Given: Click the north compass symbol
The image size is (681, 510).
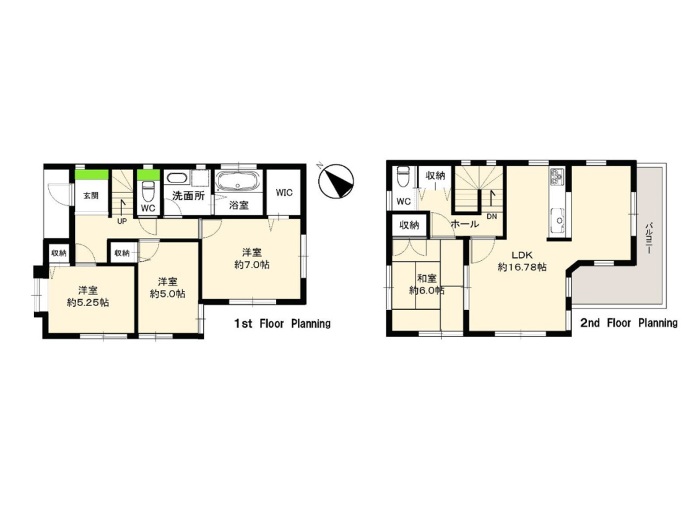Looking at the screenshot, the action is pos(336,181).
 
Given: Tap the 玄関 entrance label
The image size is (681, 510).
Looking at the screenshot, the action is pos(91,195).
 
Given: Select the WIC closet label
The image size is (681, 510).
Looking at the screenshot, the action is pos(284,192).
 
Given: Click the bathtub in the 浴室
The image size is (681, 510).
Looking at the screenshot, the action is pos(238,181).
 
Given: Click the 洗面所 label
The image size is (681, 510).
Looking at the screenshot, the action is pos(188,196).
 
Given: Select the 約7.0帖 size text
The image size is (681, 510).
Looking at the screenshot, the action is pos(252,265).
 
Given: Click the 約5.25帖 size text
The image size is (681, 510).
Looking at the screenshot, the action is pos(88,303).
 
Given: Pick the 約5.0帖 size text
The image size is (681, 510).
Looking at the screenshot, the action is pos(168,294).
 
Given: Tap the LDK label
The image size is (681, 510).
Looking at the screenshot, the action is pos(522,255).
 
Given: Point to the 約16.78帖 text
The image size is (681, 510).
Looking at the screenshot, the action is pos(522,267).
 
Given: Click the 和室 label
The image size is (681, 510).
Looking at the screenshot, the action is pos(427,278).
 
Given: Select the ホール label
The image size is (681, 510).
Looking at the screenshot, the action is pos(465,224).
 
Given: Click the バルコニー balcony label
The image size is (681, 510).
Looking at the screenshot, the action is pos(649,238).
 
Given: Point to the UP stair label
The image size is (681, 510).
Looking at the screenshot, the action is pos(122,221).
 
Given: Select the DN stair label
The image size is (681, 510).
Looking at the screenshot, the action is pos(492,216).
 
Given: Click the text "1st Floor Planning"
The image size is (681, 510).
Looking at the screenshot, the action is pos(282,323).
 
